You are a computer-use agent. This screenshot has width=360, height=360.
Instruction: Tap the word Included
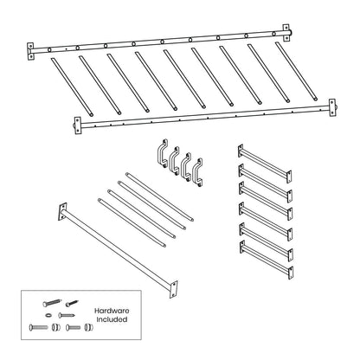(112, 320)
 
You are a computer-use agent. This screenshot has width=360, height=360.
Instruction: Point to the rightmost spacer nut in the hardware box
(87, 328)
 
